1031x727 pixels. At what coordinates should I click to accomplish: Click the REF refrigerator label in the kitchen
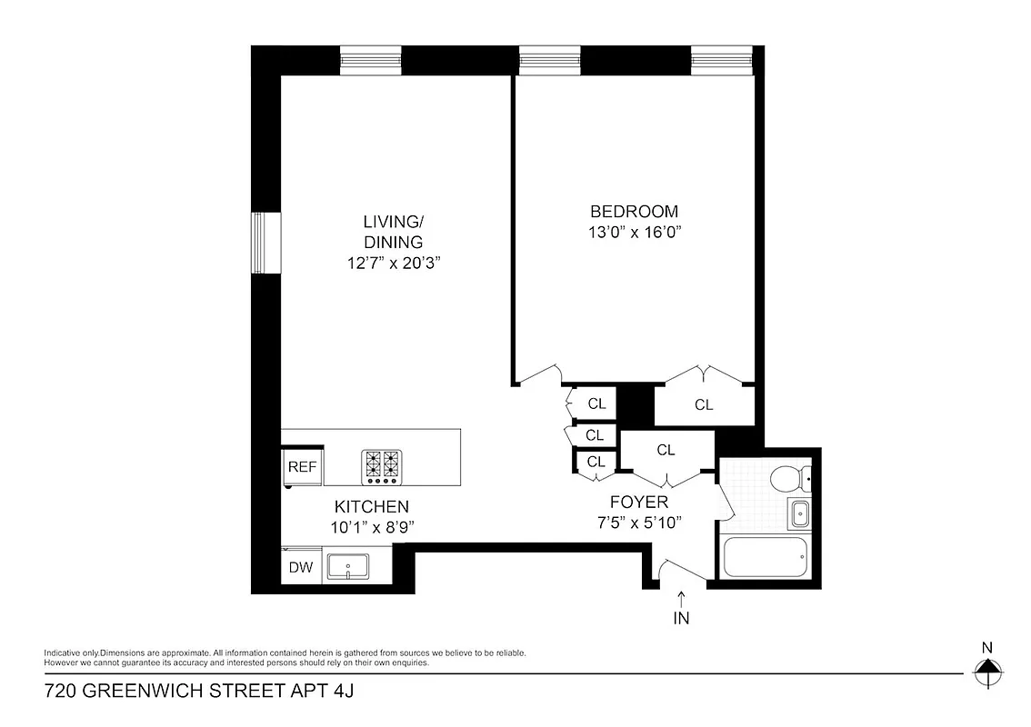tap(302, 467)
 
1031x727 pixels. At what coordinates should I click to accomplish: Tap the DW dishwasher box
tap(301, 568)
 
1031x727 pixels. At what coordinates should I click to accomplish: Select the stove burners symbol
tap(382, 466)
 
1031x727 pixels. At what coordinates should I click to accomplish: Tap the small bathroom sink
tap(799, 513)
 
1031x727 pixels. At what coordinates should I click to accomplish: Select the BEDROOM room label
tap(634, 212)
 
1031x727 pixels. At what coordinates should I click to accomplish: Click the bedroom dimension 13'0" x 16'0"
tap(634, 232)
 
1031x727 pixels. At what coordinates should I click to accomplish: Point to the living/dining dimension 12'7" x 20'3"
tap(393, 264)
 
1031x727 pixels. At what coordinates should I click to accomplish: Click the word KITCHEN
tap(371, 506)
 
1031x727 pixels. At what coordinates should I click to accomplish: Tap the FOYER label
tap(638, 503)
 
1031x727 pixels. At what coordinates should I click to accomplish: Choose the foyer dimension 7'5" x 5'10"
tap(638, 523)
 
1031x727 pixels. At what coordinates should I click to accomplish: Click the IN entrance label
tap(682, 620)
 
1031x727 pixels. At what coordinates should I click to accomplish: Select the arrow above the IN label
tap(682, 599)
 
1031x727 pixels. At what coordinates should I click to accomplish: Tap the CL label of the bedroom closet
tap(704, 405)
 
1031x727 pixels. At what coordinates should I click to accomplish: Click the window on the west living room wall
tap(266, 244)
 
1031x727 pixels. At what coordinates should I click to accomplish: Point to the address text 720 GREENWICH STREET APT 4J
tap(198, 692)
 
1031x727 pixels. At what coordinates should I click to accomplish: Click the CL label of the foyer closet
tap(666, 450)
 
